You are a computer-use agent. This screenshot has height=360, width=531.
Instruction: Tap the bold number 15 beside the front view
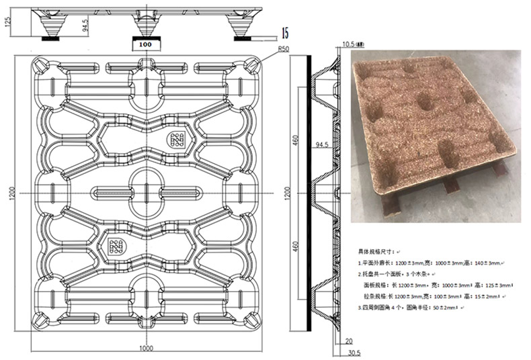286,32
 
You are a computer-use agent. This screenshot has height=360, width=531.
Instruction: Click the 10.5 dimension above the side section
351,45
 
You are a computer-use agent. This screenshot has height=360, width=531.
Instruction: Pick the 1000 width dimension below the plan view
147,348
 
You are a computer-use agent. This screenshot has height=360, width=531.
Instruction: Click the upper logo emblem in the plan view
177,140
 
